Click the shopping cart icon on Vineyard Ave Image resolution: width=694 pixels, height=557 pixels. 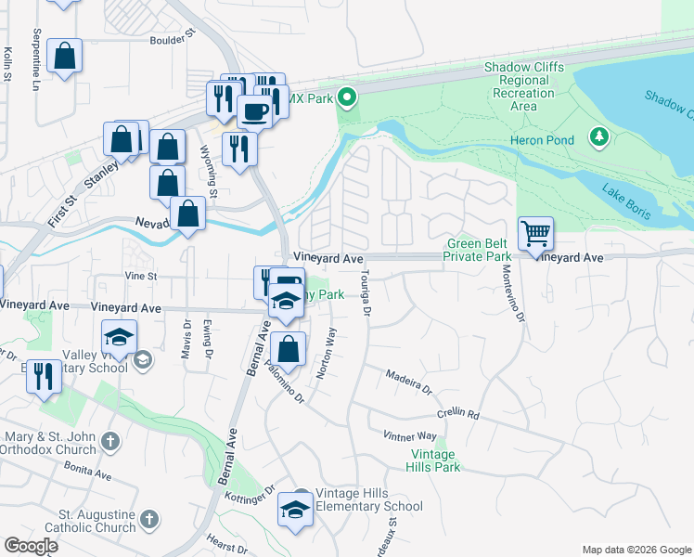point(535,234)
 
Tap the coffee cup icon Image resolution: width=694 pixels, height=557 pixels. point(254,111)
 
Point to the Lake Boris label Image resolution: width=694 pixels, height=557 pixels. point(626,203)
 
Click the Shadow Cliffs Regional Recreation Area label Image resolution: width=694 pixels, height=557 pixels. point(524,86)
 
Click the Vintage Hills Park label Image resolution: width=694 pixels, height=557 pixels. point(434,460)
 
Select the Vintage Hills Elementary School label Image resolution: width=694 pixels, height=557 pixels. point(368,499)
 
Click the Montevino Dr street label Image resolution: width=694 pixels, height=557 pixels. point(513,293)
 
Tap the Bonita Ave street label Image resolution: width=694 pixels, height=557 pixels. point(88,473)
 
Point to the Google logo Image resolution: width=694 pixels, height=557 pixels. point(31,546)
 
